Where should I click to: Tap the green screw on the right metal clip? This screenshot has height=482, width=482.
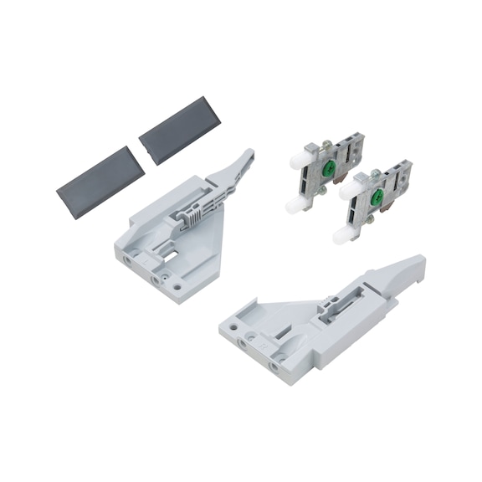(377, 197)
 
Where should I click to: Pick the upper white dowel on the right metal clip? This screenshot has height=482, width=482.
(350, 192)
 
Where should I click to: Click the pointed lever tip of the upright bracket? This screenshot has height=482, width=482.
(247, 154)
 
